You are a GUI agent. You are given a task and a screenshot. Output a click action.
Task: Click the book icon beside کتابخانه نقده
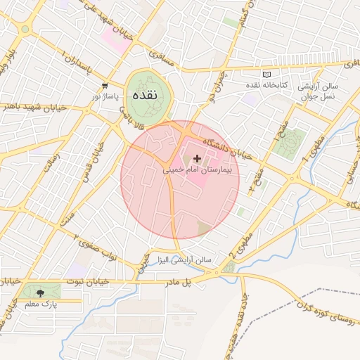pyautogui.click(x=266, y=74)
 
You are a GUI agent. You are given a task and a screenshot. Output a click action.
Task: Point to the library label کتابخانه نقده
pyautogui.click(x=293, y=84)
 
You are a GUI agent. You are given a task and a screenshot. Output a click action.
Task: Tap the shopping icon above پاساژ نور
pyautogui.click(x=105, y=86)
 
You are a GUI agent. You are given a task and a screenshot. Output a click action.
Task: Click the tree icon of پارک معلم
pyautogui.click(x=39, y=292)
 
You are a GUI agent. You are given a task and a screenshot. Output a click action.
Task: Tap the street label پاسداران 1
pyautogui.click(x=77, y=62)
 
